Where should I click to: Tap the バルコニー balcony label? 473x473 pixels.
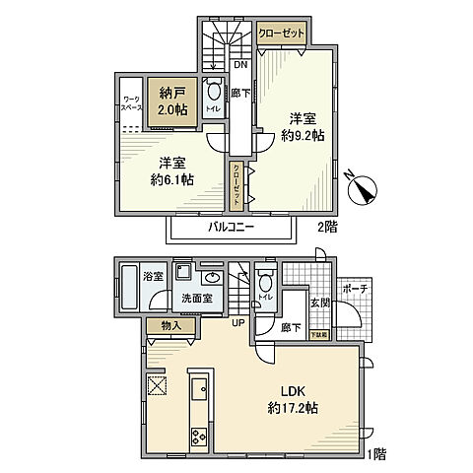tap(231, 227)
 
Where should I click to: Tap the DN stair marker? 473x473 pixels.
tap(239, 66)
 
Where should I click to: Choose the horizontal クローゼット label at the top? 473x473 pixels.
tap(280, 33)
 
